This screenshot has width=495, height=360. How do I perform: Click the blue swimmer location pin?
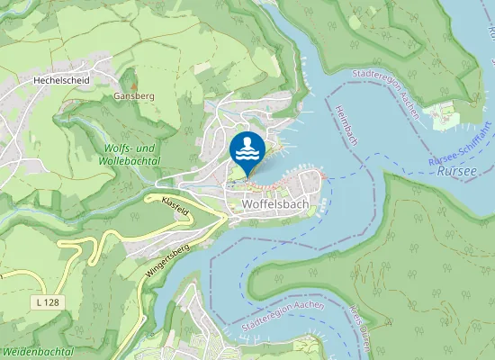click(x=247, y=150)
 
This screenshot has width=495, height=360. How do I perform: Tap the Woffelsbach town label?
click(x=275, y=204)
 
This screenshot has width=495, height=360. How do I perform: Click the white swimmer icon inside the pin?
click(x=247, y=148)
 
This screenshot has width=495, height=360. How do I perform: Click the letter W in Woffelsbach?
click(x=247, y=204)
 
